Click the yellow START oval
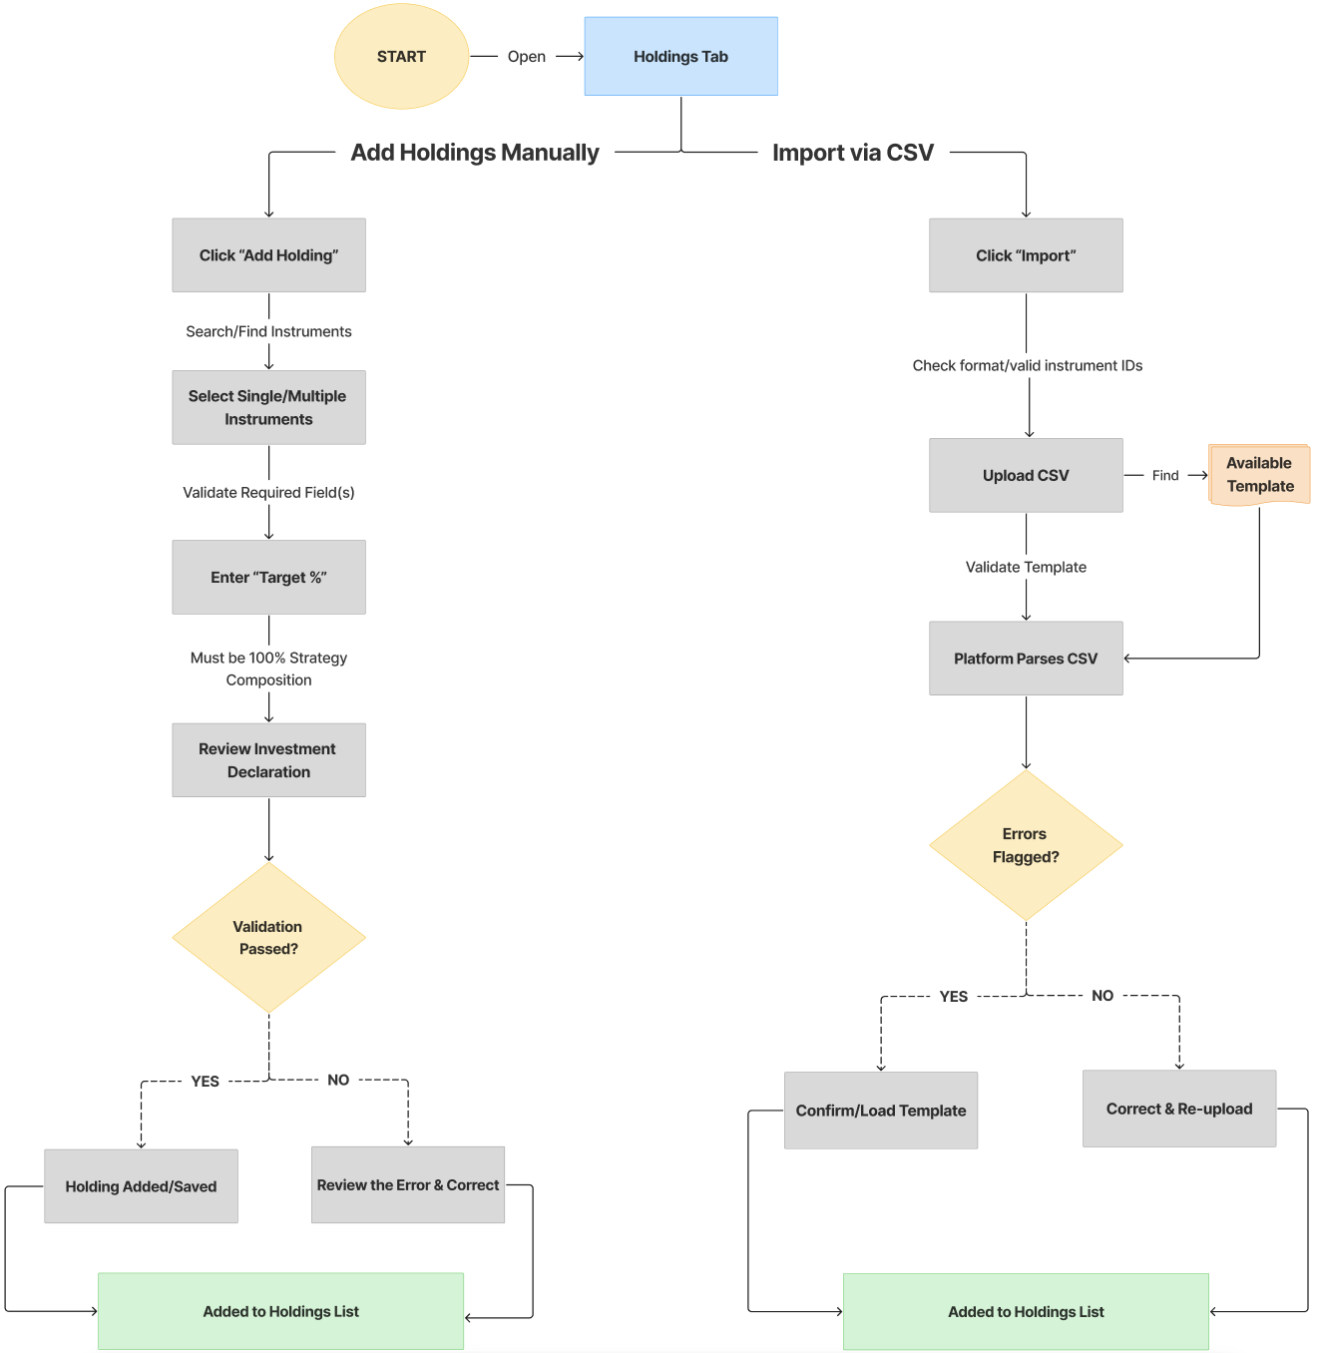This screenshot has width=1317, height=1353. (x=401, y=57)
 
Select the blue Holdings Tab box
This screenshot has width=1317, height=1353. (x=680, y=57)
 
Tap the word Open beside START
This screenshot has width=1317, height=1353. (x=526, y=57)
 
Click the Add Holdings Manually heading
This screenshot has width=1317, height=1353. (x=475, y=153)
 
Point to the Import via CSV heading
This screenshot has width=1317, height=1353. (x=853, y=153)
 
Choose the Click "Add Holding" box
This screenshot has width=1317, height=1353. (x=268, y=255)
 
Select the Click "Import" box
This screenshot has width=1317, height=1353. (x=1026, y=255)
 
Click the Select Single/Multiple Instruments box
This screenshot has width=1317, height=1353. (x=268, y=407)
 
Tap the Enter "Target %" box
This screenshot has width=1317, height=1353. (x=268, y=577)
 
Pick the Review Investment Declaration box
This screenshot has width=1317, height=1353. (x=268, y=760)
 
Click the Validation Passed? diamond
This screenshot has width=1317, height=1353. (x=268, y=938)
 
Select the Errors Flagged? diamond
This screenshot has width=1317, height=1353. (x=1026, y=845)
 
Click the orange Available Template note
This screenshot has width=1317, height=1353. (x=1259, y=475)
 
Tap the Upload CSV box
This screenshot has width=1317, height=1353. (x=1026, y=475)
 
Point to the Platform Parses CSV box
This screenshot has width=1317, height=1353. (x=1026, y=659)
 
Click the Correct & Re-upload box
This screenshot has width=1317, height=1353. (x=1179, y=1109)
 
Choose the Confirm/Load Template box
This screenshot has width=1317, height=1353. (x=881, y=1111)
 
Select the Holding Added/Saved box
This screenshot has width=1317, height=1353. (x=141, y=1186)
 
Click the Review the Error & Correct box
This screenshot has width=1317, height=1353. (x=408, y=1185)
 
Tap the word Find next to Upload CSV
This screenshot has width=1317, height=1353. (x=1165, y=476)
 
